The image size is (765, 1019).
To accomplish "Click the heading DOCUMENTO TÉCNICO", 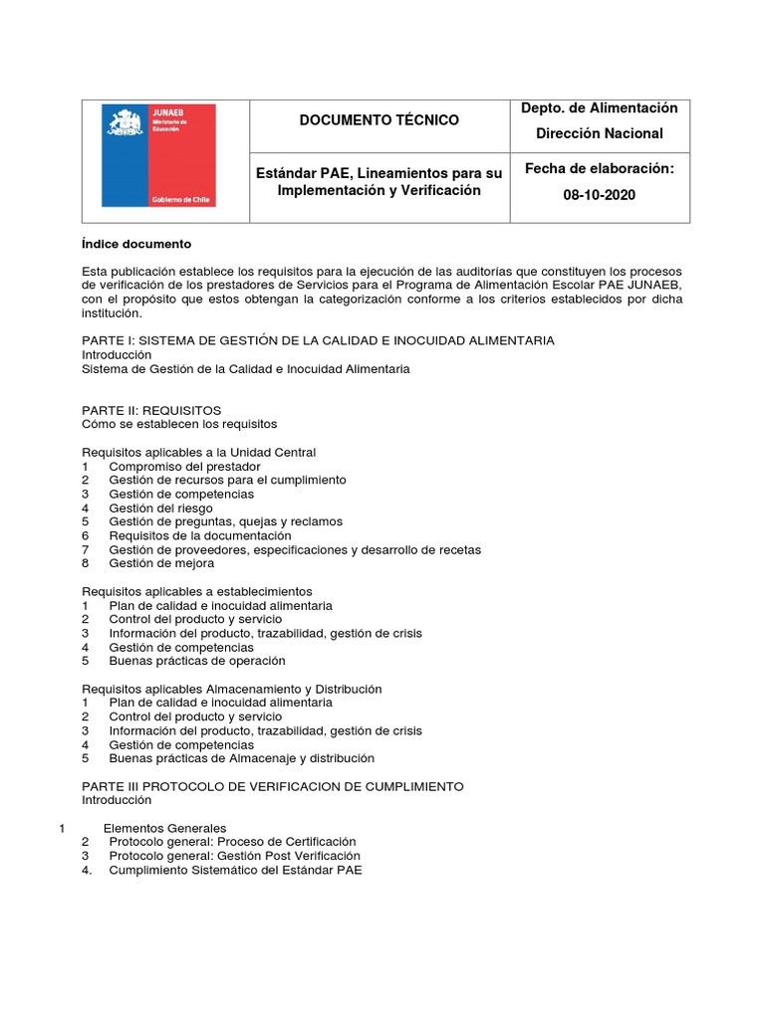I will [380, 120].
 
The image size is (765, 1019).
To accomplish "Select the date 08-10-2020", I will [599, 195].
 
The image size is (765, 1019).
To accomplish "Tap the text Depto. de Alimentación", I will [599, 107].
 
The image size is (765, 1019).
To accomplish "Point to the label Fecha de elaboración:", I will [599, 169].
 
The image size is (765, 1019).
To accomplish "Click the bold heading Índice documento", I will [135, 244].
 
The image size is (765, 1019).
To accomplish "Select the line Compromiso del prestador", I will [184, 466].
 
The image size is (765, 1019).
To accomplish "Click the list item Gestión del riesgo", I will [160, 508].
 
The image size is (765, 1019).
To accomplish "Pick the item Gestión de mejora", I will [161, 563].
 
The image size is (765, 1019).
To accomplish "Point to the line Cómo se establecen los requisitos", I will [178, 424].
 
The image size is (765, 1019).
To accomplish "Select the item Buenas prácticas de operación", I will [196, 661].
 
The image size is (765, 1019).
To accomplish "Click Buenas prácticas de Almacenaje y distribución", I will [241, 758].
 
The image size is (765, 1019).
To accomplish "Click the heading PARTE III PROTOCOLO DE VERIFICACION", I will [272, 786].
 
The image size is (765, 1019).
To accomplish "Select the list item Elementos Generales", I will [164, 828].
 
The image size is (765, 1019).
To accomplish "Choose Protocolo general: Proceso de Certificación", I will [232, 842].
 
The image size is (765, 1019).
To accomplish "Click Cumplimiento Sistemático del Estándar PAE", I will [235, 870].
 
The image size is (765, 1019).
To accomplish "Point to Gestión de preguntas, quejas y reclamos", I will [225, 521].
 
